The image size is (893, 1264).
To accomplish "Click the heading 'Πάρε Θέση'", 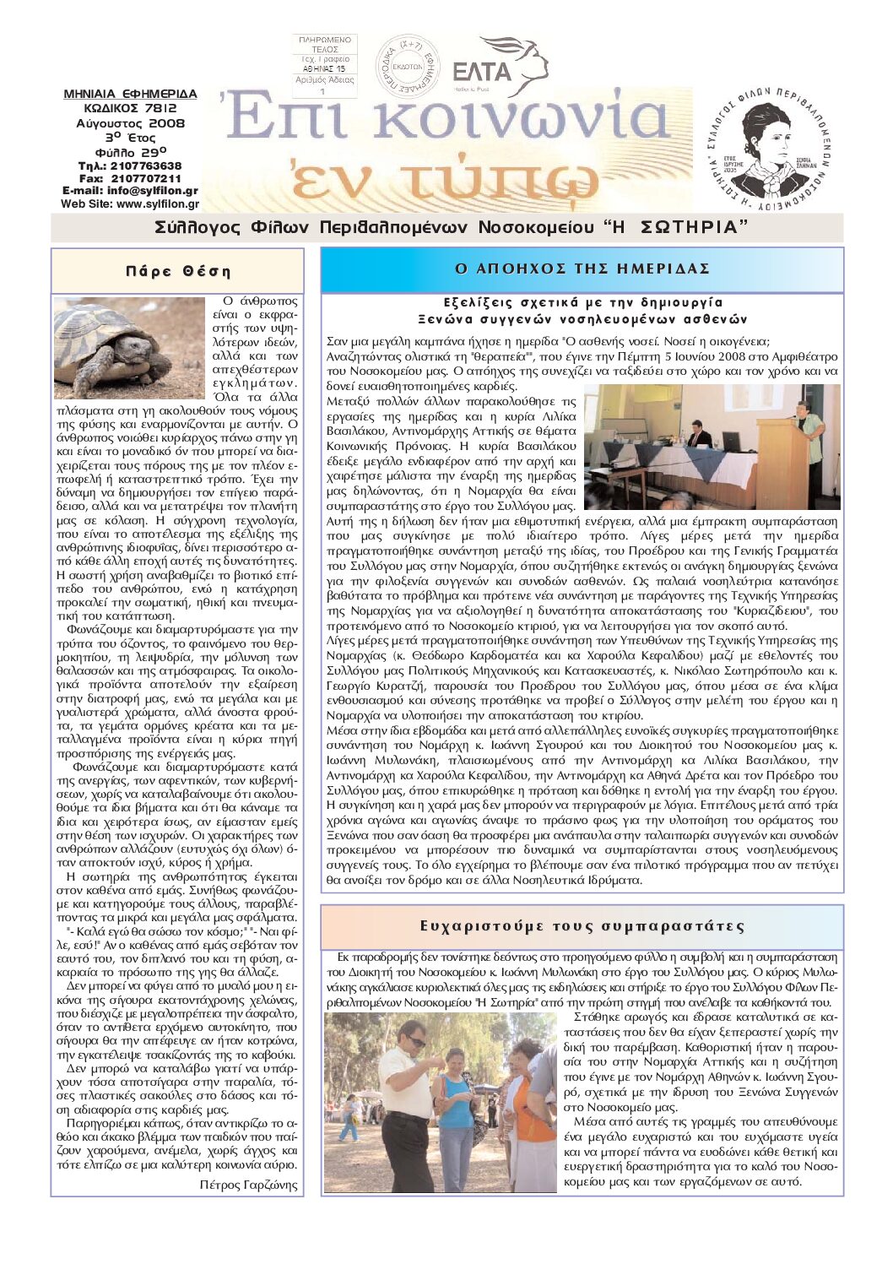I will tap(177, 271).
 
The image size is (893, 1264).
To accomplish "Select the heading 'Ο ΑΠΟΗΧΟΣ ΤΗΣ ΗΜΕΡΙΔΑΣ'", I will tap(582, 269).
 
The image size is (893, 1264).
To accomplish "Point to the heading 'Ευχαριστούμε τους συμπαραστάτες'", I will tap(582, 926).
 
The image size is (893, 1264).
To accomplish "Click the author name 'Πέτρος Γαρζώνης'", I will tap(248, 1185).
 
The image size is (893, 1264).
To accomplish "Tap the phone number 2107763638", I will tap(147, 166).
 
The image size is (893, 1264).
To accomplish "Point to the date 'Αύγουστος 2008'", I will tap(130, 123).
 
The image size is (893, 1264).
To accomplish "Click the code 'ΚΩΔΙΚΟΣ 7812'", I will tap(130, 108).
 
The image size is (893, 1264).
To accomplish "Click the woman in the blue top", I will tap(457, 1106).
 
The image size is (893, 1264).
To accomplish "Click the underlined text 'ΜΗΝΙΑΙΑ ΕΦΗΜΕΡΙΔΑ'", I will tap(130, 94).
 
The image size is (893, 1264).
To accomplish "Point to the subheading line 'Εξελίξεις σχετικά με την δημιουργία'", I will tap(582, 302).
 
